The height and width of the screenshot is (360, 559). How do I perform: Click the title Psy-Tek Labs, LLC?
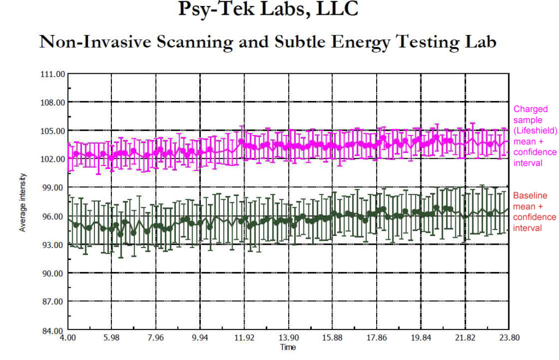point(269,9)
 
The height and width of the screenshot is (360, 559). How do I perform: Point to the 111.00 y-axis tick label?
point(53,74)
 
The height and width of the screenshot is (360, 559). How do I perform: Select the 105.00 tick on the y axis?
point(53,131)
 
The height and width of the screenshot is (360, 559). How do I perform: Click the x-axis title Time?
point(288,347)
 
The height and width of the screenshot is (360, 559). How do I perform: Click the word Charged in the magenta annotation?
point(531,109)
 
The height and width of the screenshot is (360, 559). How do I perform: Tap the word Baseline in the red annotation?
point(530,196)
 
